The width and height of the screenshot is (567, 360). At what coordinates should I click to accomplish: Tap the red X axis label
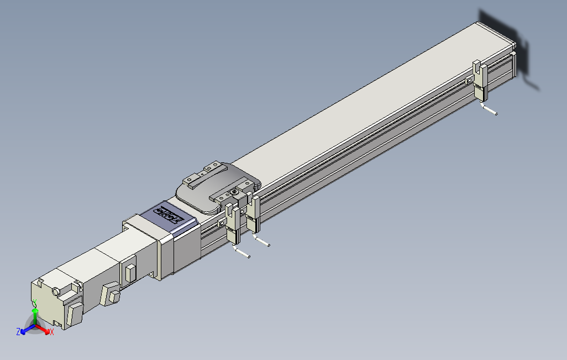coord(51,332)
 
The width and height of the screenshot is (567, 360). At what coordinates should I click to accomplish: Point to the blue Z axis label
coord(18,331)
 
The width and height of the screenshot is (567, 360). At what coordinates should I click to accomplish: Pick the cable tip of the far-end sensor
coord(496,114)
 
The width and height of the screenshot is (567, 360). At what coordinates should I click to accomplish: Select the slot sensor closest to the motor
coord(233,224)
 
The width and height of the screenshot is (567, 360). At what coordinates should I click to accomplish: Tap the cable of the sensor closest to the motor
coord(243,253)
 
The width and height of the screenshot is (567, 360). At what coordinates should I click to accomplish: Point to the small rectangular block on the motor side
coord(130,273)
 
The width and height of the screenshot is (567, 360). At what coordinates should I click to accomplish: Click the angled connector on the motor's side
coord(111,292)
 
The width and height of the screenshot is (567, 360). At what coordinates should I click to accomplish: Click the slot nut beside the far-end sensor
coord(469,81)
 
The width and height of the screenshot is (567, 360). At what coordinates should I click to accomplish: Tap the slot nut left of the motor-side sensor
coord(222,224)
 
